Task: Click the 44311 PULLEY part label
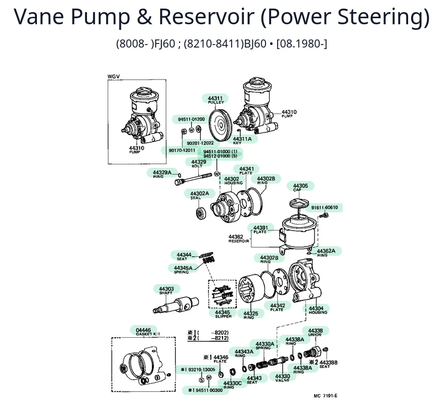click(x=215, y=99)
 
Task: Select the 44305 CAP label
click(x=300, y=187)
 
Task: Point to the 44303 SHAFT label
click(x=166, y=290)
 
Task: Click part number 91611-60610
click(x=325, y=207)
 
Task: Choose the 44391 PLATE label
click(x=260, y=229)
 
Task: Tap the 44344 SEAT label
click(x=184, y=256)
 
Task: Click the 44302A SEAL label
click(x=199, y=195)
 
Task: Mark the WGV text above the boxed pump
click(x=114, y=77)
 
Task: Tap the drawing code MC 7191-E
click(x=325, y=395)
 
